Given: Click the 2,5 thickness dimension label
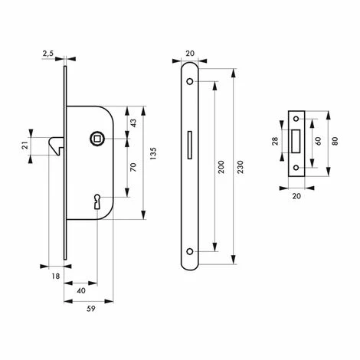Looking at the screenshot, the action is pyautogui.click(x=48, y=54).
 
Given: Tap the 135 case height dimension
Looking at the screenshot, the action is pyautogui.click(x=153, y=153).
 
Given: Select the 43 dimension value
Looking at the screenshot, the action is pyautogui.click(x=133, y=123).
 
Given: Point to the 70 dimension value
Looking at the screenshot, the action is pyautogui.click(x=133, y=167).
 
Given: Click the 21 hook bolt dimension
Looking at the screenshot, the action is pyautogui.click(x=25, y=146).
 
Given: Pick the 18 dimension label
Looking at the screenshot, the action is pyautogui.click(x=56, y=276).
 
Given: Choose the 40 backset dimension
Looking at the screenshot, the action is pyautogui.click(x=81, y=290).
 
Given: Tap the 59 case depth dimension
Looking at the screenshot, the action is pyautogui.click(x=90, y=309).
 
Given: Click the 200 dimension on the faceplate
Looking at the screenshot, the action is pyautogui.click(x=221, y=167).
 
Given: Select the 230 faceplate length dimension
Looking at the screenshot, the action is pyautogui.click(x=241, y=167).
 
